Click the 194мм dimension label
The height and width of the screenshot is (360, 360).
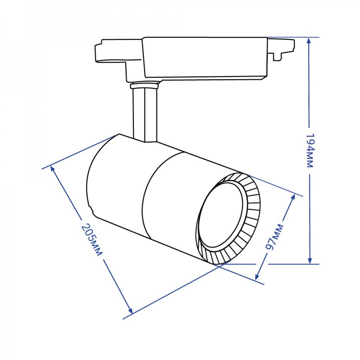pos(310,151)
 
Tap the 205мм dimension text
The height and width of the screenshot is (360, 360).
pos(92,240)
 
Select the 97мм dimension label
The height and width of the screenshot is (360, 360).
pos(275,237)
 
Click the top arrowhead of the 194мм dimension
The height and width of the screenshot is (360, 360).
pos(309,41)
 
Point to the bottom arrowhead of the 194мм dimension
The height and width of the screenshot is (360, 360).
pos(310,260)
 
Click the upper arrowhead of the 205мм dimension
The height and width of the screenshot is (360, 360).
pos(53,169)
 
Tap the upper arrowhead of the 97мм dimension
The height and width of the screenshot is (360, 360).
pos(293,197)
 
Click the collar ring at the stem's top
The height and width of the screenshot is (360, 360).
pos(144,86)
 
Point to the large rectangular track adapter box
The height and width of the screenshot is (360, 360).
pos(205,58)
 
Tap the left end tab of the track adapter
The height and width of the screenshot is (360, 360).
pos(110,51)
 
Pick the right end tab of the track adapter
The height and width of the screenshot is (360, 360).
pos(281,48)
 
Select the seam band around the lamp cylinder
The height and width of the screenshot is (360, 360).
pos(161,195)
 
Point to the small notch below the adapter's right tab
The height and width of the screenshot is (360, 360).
pos(277,57)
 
